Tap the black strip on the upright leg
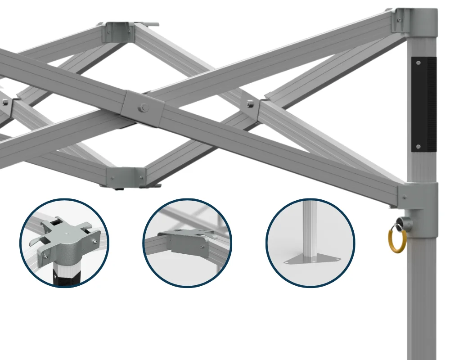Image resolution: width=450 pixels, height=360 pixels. (424, 103)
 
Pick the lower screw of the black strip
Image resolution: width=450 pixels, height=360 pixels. (419, 146)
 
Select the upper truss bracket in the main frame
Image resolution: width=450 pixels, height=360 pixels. (116, 31)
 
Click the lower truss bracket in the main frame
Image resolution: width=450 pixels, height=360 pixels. (126, 176)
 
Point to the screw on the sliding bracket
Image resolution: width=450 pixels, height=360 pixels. (405, 198)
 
